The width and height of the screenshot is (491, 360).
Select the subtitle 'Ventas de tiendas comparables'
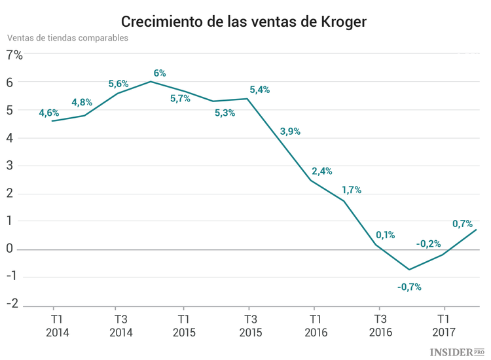(x=67, y=37)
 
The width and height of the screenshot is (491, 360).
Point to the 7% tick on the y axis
(x=14, y=55)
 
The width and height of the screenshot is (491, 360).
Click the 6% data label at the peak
(x=160, y=73)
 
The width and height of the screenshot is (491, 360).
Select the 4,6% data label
(x=49, y=113)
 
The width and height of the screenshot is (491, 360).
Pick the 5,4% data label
(x=259, y=90)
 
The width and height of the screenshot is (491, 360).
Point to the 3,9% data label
(x=290, y=132)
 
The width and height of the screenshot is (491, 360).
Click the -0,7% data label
(x=409, y=286)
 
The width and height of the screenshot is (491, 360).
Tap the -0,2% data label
(x=428, y=243)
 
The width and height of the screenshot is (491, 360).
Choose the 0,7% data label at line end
(x=462, y=223)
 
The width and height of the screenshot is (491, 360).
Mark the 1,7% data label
(x=352, y=190)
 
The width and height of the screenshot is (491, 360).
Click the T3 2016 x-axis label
(x=380, y=326)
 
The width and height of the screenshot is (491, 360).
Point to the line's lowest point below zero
(x=409, y=270)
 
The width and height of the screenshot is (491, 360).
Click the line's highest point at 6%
(x=151, y=81)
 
